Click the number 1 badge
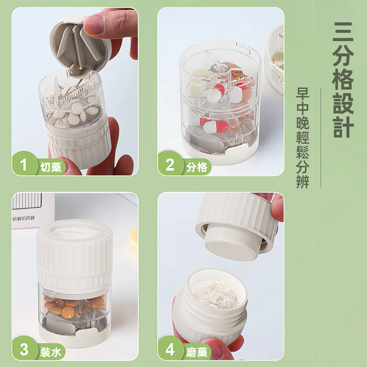coord(24,165)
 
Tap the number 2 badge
coord(170,165)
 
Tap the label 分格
coord(197,168)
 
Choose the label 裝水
coord(51,352)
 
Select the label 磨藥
coord(197,352)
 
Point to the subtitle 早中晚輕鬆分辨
coord(303,138)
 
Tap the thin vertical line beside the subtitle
coord(320,138)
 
